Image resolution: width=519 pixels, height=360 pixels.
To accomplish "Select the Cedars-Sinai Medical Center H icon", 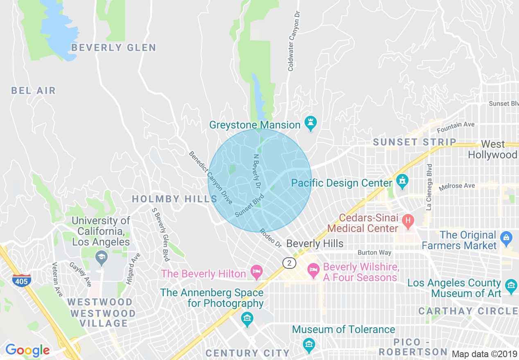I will [407, 221].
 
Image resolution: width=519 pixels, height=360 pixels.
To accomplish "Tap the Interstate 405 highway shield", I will [20, 281].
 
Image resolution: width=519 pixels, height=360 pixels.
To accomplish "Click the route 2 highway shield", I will [289, 263].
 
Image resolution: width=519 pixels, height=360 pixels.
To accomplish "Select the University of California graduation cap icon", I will [101, 257].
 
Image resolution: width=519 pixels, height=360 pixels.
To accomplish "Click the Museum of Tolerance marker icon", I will [309, 344].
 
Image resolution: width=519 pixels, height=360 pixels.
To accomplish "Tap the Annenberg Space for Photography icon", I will [247, 318].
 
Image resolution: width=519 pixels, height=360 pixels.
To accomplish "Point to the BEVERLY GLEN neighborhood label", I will [114, 48].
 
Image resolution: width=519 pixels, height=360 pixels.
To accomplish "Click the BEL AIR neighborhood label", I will [33, 90].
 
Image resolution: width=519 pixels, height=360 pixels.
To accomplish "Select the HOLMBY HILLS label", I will [174, 199].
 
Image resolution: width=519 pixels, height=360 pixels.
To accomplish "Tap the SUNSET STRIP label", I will [415, 142].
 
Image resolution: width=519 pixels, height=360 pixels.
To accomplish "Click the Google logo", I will [27, 350].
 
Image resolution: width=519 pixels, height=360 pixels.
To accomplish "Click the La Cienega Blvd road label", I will [429, 187].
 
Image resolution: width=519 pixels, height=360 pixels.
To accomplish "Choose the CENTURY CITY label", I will [248, 353].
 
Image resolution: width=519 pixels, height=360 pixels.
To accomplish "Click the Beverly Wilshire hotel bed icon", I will [314, 270].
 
